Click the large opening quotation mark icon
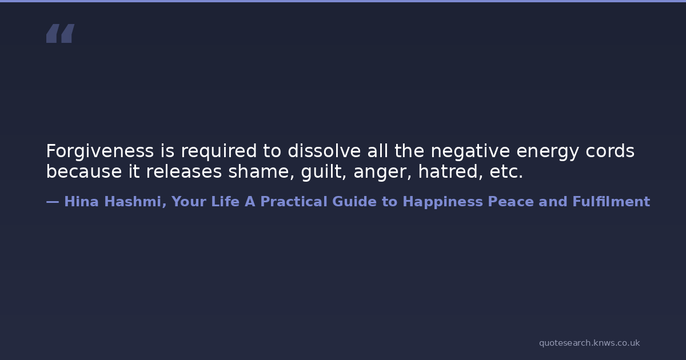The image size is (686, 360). point(61,33)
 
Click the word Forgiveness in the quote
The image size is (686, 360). point(100,151)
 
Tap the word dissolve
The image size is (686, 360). point(324,151)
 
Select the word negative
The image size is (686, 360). point(470,151)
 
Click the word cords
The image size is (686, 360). point(610,151)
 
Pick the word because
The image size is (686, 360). point(84,171)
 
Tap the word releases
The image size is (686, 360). point(184,171)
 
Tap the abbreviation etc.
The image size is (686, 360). point(506,173)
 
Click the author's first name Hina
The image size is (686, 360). point(81,202)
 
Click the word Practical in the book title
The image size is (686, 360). point(294,202)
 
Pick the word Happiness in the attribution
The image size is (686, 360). point(442,202)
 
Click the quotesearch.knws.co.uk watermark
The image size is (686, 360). point(589,343)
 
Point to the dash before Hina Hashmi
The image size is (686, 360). point(53,202)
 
